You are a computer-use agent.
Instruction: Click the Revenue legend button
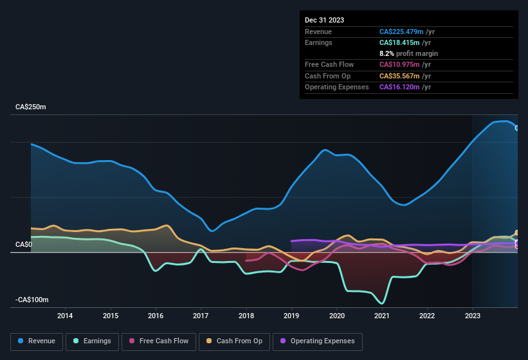click(x=37, y=341)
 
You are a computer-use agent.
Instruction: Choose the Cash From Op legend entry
click(x=235, y=341)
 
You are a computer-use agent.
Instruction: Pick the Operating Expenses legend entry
click(x=318, y=341)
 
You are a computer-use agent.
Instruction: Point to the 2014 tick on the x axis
click(x=65, y=316)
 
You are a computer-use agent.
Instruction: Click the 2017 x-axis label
click(x=201, y=316)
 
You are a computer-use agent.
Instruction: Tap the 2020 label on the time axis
click(x=336, y=316)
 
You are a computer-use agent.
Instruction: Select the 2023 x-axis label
click(x=472, y=316)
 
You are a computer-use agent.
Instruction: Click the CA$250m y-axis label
click(x=31, y=107)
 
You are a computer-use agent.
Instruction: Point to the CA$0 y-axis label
click(x=24, y=245)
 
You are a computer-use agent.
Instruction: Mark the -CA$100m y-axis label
click(x=32, y=300)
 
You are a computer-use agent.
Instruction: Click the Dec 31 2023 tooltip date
click(x=324, y=20)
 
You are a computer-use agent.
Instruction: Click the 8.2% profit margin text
click(x=408, y=53)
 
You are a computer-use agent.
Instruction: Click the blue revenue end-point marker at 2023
click(x=517, y=127)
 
